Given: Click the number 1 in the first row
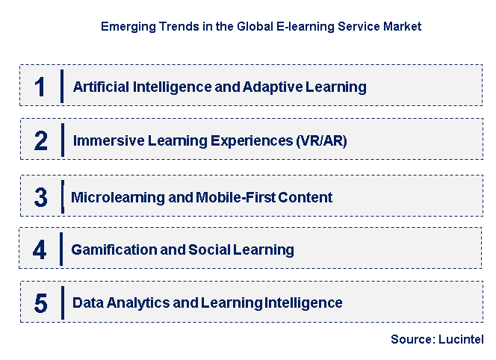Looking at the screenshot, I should pyautogui.click(x=40, y=87).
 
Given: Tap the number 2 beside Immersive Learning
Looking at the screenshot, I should pyautogui.click(x=40, y=140).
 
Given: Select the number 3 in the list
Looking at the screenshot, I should pyautogui.click(x=40, y=198).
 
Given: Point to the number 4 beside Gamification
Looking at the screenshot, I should pyautogui.click(x=40, y=250).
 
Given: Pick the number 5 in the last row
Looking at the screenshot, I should pyautogui.click(x=40, y=303).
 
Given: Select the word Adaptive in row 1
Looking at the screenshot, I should pyautogui.click(x=270, y=87).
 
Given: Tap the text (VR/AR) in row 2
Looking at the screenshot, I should pyautogui.click(x=322, y=140).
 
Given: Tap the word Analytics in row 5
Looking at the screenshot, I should pyautogui.click(x=136, y=302).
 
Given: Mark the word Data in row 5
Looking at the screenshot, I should pyautogui.click(x=87, y=302).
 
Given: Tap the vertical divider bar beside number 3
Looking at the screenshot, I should pyautogui.click(x=63, y=197).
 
